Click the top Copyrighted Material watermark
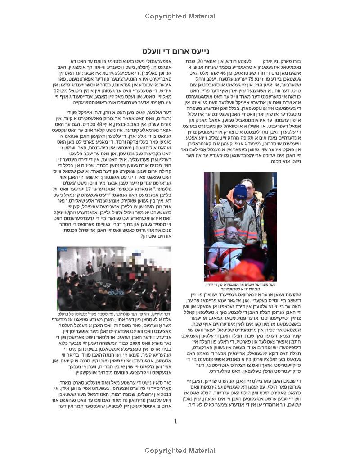click(180, 17)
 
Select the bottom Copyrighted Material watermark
click(180, 451)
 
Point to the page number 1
click(175, 421)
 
